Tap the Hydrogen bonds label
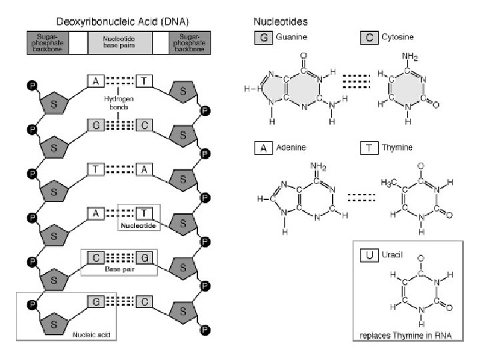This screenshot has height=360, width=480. click(x=119, y=102)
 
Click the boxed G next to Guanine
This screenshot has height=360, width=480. click(x=263, y=38)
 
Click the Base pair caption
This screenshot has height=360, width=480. click(x=119, y=269)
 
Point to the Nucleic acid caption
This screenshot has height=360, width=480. click(x=90, y=334)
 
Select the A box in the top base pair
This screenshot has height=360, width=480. click(x=96, y=81)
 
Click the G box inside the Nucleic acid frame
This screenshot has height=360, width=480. click(x=96, y=301)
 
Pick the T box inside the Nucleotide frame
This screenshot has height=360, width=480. click(x=145, y=213)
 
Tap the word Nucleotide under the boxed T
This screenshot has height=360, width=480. click(x=137, y=226)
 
